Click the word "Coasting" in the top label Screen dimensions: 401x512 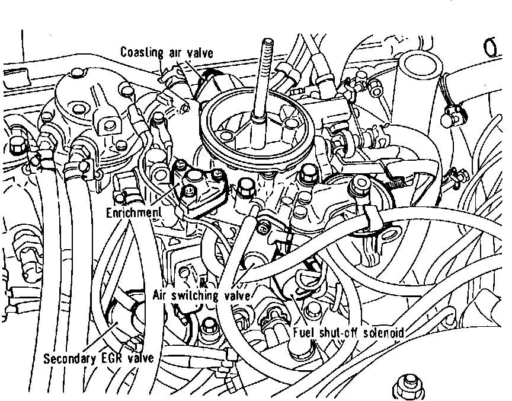(142, 52)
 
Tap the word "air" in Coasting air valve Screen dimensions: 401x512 (176, 52)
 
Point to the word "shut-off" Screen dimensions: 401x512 (339, 333)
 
